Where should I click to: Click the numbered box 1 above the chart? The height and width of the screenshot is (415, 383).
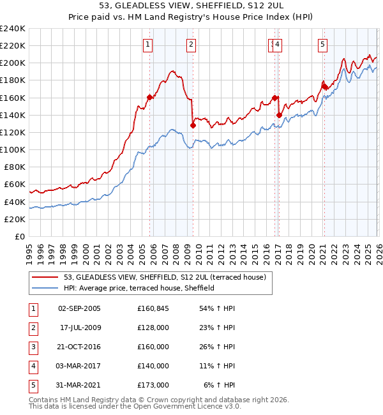pyautogui.click(x=147, y=44)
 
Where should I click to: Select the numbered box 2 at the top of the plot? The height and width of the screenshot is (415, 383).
pyautogui.click(x=191, y=44)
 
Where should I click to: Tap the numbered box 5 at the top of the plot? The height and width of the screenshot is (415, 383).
pyautogui.click(x=322, y=44)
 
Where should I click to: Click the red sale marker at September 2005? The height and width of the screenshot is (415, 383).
pyautogui.click(x=150, y=97)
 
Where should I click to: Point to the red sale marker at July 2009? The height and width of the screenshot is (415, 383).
pyautogui.click(x=193, y=126)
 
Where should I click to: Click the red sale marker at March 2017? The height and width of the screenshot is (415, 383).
pyautogui.click(x=279, y=115)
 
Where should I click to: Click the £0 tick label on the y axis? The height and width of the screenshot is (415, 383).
pyautogui.click(x=19, y=236)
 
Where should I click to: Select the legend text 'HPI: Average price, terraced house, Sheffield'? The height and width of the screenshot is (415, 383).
pyautogui.click(x=139, y=288)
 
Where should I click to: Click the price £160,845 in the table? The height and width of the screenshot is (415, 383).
pyautogui.click(x=153, y=308)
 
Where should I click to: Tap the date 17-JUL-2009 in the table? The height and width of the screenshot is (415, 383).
pyautogui.click(x=79, y=328)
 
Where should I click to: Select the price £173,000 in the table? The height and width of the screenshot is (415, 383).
pyautogui.click(x=153, y=385)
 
